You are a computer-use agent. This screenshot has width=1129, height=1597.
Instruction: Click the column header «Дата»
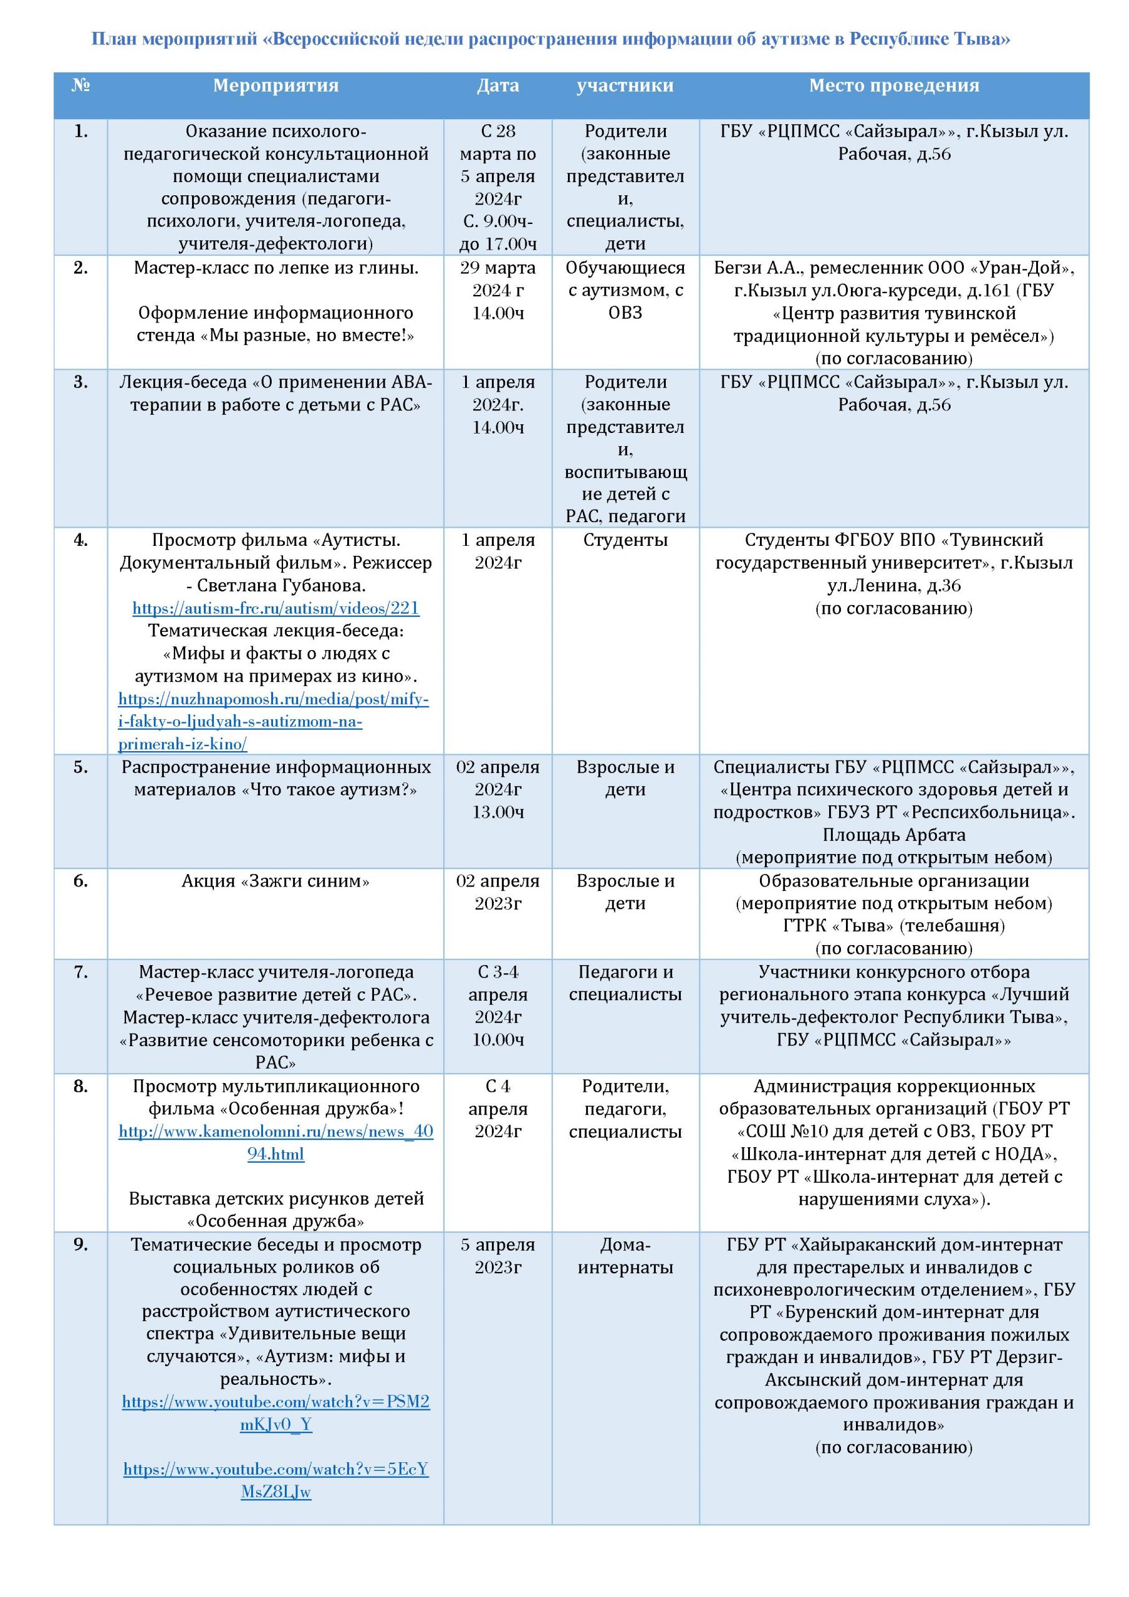(497, 85)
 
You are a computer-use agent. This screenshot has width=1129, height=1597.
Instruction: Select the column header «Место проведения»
(893, 85)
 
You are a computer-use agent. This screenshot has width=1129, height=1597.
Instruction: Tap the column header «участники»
(625, 85)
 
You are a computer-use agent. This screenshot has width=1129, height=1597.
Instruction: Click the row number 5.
(80, 767)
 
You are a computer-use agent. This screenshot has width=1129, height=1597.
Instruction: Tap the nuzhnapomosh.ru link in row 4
(273, 721)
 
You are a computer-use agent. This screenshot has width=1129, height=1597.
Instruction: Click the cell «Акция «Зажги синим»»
(276, 881)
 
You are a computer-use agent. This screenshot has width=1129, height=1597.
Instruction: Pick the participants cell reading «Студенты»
(625, 540)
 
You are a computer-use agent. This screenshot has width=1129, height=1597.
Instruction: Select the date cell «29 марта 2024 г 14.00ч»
(497, 290)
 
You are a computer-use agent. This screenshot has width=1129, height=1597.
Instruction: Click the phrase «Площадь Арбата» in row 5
(893, 835)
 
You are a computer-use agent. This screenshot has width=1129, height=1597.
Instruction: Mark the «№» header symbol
(80, 85)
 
